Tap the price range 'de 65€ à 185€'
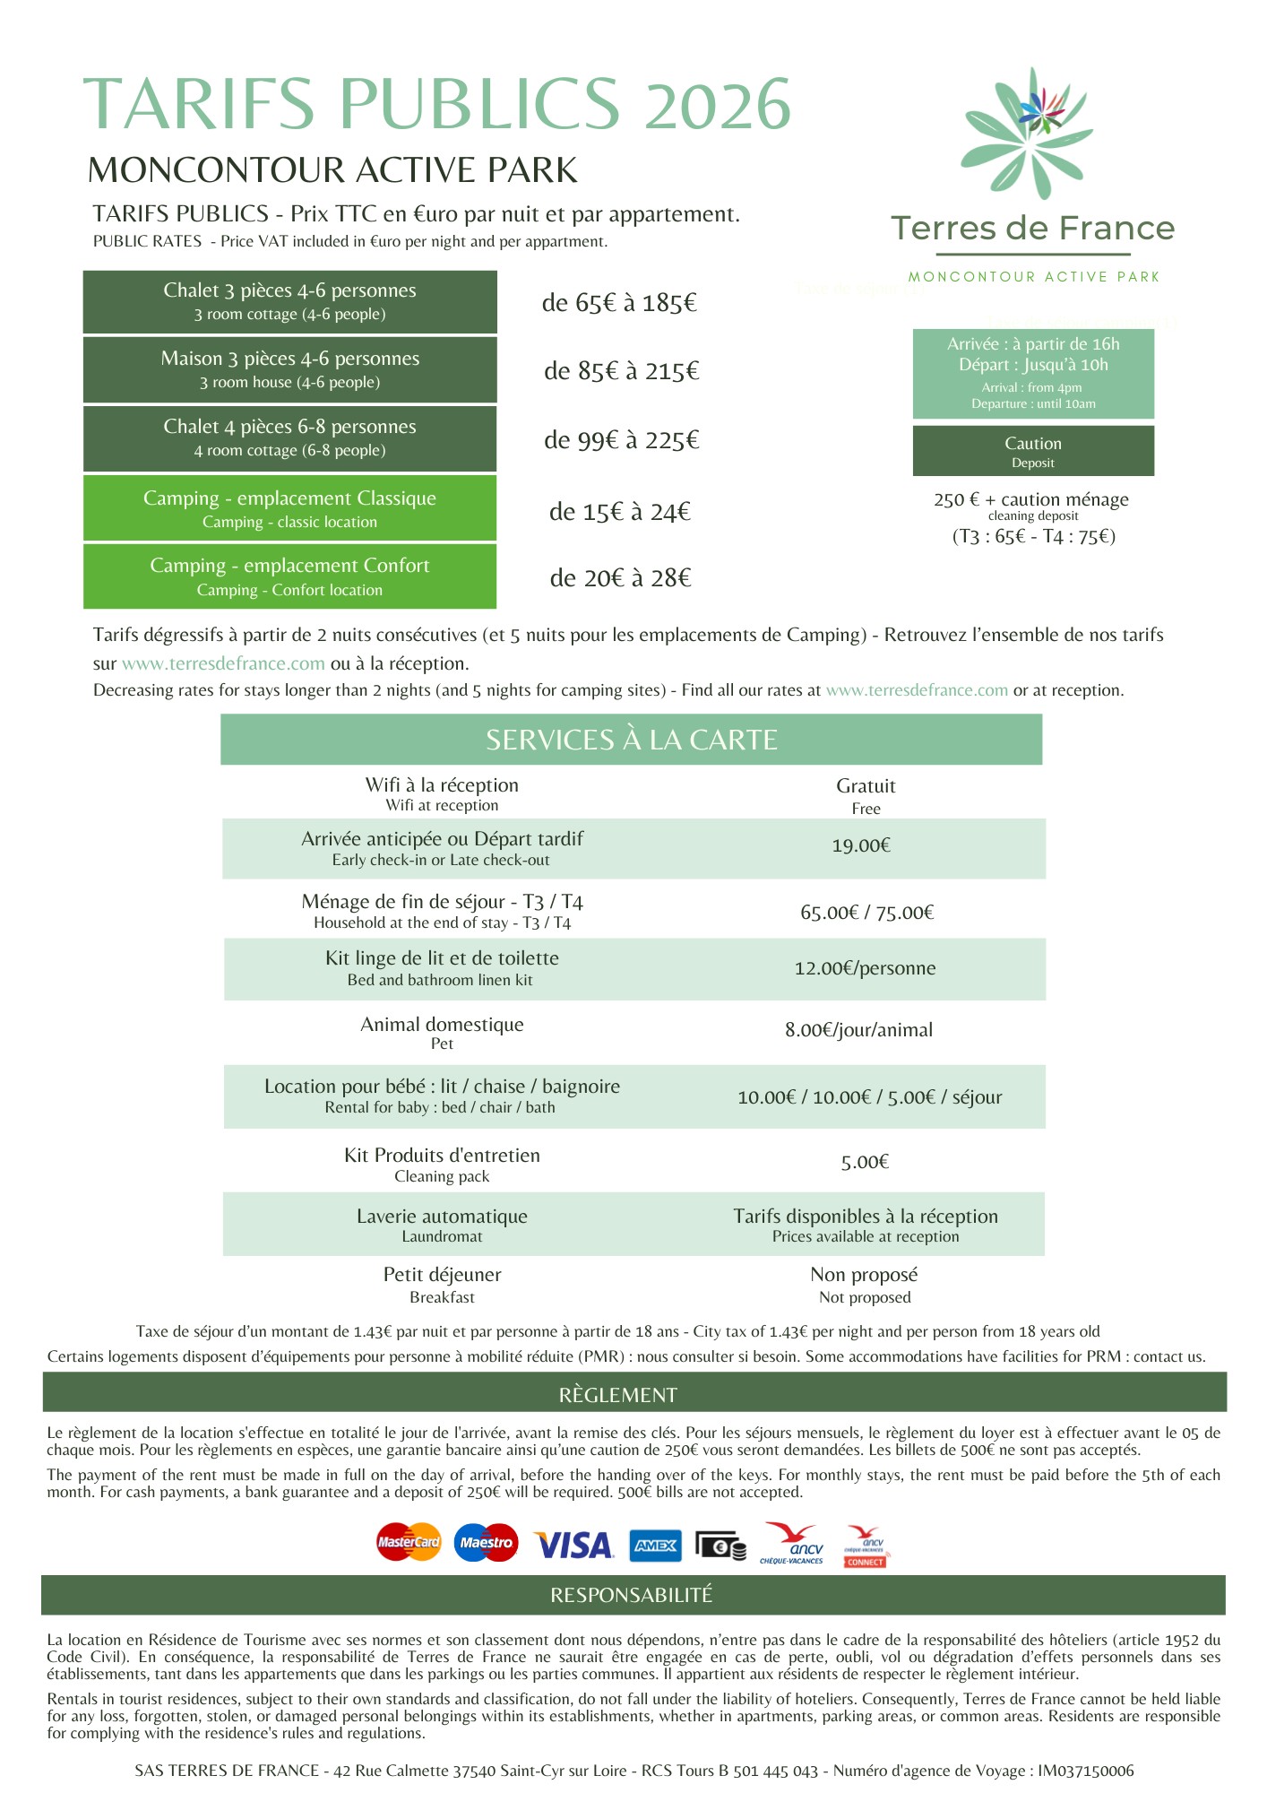click(619, 303)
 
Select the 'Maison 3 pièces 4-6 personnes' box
click(289, 369)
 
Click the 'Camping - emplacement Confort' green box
click(289, 576)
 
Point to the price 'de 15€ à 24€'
click(620, 512)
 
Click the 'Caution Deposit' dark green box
click(1033, 451)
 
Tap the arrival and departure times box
click(1033, 373)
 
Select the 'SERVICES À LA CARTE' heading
click(632, 740)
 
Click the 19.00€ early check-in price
click(861, 845)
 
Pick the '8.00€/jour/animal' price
click(859, 1030)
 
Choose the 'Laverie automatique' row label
click(442, 1224)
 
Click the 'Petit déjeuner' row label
click(442, 1283)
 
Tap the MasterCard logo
click(409, 1542)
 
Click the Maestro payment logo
click(486, 1542)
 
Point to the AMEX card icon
click(655, 1546)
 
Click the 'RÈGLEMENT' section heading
click(618, 1395)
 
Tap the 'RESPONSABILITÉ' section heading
click(632, 1595)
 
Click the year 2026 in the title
click(718, 105)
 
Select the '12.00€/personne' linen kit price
click(865, 968)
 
